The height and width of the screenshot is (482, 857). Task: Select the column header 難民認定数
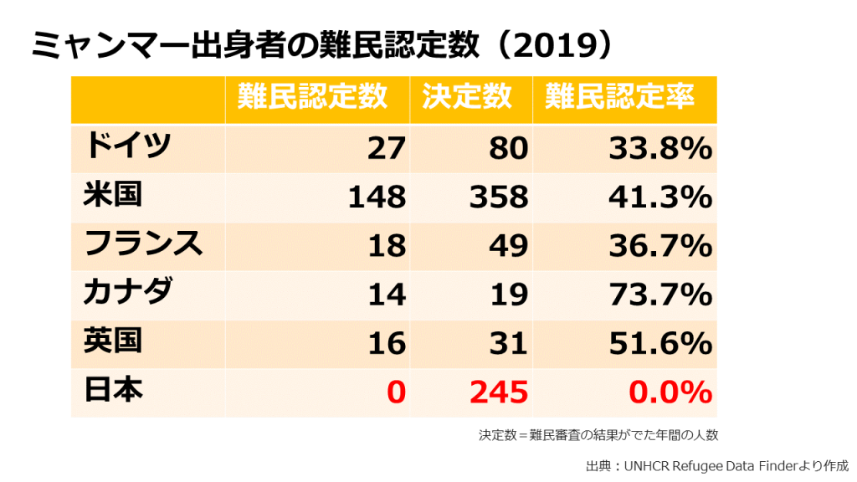312,98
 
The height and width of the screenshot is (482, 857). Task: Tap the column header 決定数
466,98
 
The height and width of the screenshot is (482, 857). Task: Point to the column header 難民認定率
619,98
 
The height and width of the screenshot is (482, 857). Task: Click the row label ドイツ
127,147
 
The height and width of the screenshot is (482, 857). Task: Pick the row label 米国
112,196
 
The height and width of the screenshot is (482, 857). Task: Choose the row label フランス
143,244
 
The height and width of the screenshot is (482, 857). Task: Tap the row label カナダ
127,293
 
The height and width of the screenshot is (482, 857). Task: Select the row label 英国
112,341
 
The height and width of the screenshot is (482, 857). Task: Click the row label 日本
112,390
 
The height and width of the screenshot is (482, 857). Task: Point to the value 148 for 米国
377,197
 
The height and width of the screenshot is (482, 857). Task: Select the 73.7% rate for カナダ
659,295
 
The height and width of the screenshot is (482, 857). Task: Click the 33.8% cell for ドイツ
659,149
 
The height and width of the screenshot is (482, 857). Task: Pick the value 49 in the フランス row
509,246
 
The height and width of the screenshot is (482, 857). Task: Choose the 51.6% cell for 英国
659,343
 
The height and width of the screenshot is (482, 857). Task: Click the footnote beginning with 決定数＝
598,435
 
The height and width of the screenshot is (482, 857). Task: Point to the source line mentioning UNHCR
716,465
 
